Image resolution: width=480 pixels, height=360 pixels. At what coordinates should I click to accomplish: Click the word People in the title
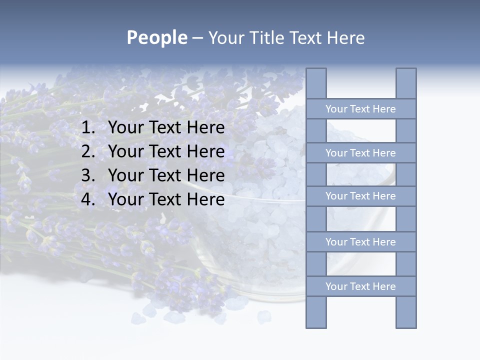point(156,37)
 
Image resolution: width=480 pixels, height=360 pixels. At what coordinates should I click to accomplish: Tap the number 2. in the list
point(88,151)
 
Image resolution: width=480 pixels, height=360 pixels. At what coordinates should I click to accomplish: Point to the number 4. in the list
point(88,199)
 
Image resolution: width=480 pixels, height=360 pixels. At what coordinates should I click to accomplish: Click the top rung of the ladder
point(360,109)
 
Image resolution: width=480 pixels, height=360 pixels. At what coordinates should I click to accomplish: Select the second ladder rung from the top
point(360,153)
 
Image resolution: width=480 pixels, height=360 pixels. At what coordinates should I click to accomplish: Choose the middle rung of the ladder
point(360,196)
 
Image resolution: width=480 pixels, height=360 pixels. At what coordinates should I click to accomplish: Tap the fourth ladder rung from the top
point(360,242)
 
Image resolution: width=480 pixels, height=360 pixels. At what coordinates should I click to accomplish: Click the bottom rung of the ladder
point(360,286)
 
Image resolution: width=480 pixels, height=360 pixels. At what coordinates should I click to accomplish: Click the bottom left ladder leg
point(316,312)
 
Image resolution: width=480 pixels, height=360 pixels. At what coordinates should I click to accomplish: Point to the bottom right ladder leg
point(406,312)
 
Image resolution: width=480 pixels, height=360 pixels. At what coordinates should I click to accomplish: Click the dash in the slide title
point(197,38)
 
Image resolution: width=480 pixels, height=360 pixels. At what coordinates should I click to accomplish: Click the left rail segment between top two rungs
point(316,130)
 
